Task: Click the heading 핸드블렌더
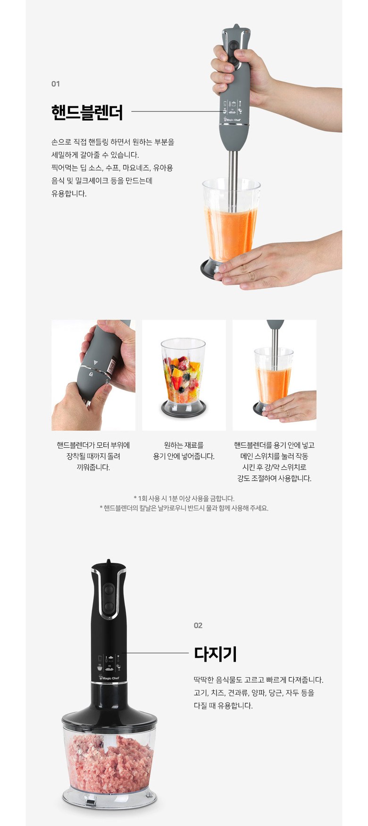pos(87,112)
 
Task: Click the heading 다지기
pos(215,654)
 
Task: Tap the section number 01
pos(56,84)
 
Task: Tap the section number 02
pos(198,625)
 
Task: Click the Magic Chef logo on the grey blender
pos(233,120)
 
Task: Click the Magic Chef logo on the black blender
pos(109,678)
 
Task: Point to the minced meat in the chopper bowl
pos(109,763)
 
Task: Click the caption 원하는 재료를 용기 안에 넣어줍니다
pos(184,451)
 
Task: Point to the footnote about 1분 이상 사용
pos(184,498)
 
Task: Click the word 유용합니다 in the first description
pos(69,194)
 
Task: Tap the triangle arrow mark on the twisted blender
pos(96,363)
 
